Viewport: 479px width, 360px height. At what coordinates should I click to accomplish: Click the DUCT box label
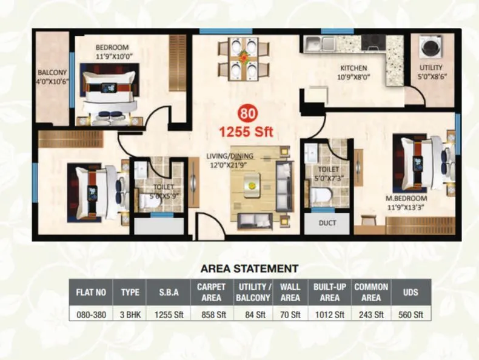327,222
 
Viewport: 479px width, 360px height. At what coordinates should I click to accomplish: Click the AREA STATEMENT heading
249,267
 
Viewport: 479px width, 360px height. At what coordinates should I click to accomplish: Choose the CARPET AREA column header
212,292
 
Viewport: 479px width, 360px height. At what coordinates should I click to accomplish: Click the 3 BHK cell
130,315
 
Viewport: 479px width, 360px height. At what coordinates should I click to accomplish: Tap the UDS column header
410,292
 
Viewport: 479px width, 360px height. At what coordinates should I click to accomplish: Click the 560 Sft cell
410,315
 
